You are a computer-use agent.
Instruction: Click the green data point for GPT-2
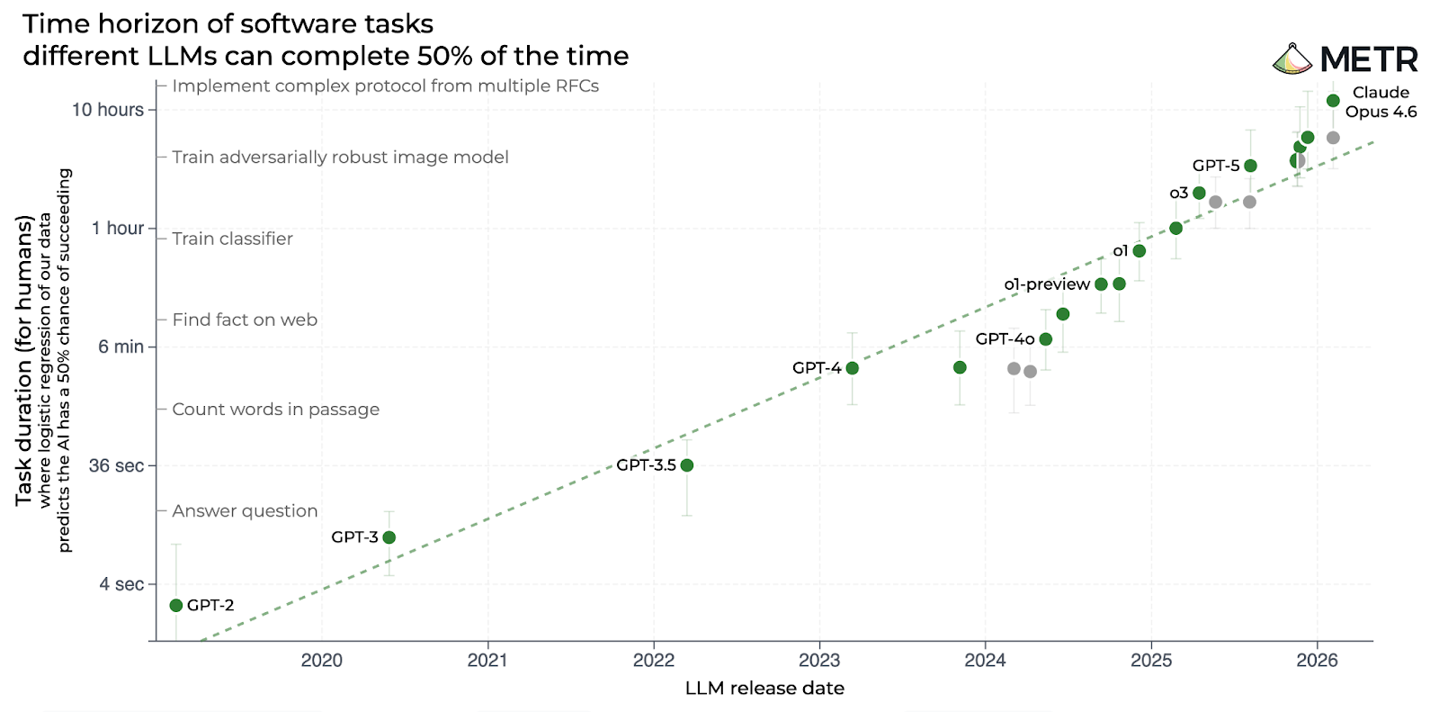tap(176, 605)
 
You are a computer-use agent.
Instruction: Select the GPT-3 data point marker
tap(389, 537)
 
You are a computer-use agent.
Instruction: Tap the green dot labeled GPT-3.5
tap(687, 465)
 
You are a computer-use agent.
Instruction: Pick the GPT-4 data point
tap(852, 368)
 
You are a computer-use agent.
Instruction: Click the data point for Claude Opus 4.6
tap(1333, 100)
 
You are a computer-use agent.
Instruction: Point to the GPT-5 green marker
tap(1250, 166)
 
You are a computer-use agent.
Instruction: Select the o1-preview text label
tap(1047, 284)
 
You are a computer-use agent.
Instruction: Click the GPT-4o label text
tap(1005, 339)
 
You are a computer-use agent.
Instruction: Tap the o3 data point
tap(1199, 193)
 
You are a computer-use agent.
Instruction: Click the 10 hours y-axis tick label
tap(107, 110)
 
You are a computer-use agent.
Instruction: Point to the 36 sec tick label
tap(116, 465)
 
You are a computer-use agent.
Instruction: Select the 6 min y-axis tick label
tap(121, 347)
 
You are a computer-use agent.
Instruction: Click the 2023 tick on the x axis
tap(819, 661)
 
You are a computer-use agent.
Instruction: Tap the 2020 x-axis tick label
tap(322, 661)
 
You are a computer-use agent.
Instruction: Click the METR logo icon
tap(1292, 59)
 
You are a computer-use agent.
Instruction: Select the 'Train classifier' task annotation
tap(233, 239)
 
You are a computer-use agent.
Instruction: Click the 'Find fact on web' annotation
tap(245, 320)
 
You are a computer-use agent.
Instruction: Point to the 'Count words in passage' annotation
tap(276, 410)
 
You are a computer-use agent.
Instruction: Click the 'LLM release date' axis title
tap(764, 689)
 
